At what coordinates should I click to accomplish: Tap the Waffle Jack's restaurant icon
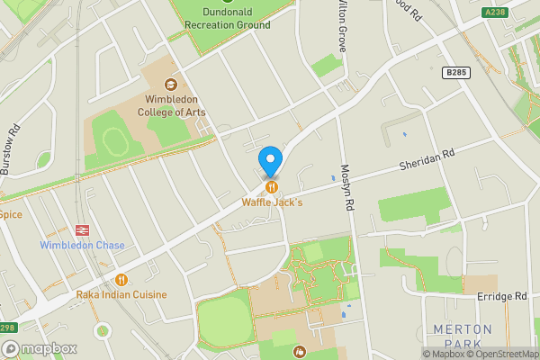click(270, 187)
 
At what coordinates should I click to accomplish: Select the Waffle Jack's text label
click(272, 202)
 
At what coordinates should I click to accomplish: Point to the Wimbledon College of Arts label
click(171, 105)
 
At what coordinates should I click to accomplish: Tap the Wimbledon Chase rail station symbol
click(84, 229)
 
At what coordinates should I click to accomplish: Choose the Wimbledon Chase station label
click(82, 246)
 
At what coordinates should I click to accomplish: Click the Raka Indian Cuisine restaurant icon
click(121, 280)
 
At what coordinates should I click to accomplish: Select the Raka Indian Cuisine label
click(121, 294)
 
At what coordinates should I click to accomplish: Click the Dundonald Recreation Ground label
click(224, 25)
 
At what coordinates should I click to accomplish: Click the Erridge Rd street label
click(502, 296)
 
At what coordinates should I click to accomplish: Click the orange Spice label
click(11, 214)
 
